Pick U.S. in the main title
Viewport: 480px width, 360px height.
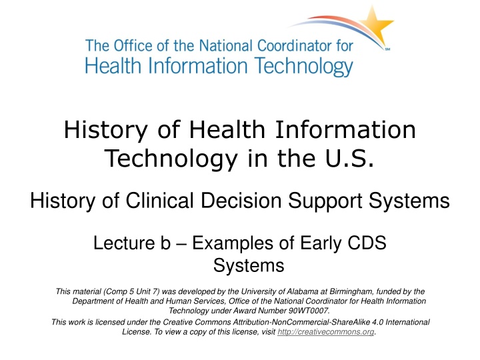(347, 158)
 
